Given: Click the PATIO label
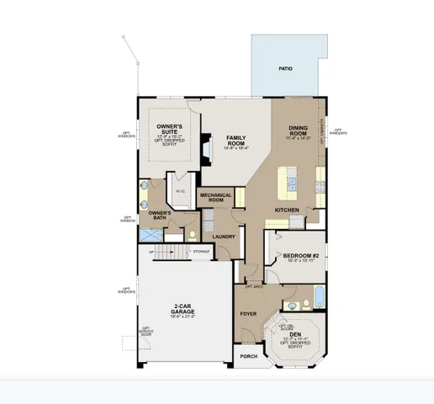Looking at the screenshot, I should coord(286,68).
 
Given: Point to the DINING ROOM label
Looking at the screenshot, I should coord(299,129).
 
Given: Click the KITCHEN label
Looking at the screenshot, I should coord(288,209).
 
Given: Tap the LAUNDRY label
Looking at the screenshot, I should coord(224,237).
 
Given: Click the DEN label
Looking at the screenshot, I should coord(295,334).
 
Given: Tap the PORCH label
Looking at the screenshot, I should coord(248,356).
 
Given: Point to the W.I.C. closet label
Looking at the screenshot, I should coord(179,192).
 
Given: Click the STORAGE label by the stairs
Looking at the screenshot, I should coord(200,251).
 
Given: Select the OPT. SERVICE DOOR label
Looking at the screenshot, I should coord(146,332).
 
